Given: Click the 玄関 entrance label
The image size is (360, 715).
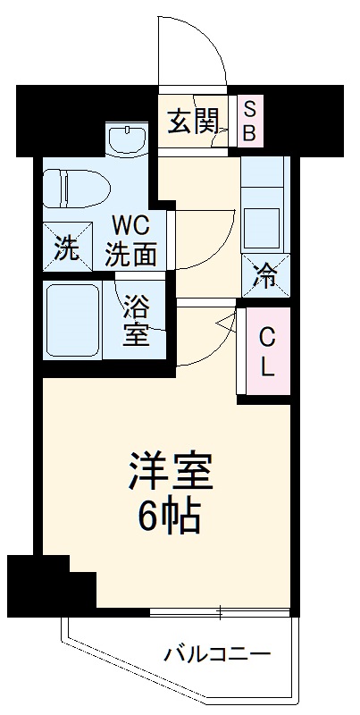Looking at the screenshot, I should [x=194, y=121].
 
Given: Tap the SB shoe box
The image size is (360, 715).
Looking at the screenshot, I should [x=249, y=121].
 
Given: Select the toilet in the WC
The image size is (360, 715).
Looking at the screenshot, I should [x=75, y=189].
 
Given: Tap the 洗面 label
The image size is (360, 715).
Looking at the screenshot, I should [x=131, y=255].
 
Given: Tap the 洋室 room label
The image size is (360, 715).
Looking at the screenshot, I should [x=171, y=472].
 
